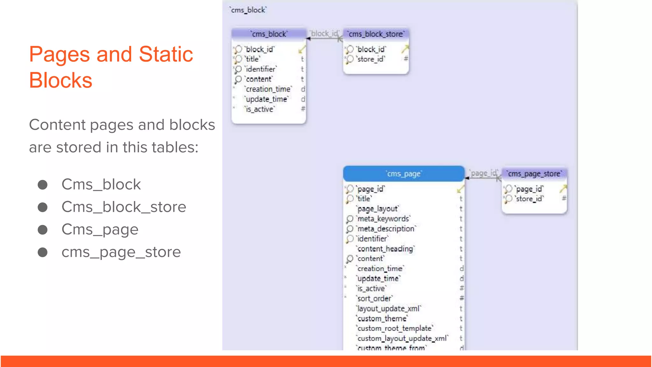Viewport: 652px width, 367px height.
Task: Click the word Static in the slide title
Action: [x=166, y=54]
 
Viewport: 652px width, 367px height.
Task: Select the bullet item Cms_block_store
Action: [x=124, y=207]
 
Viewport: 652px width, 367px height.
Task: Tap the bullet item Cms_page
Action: [x=100, y=230]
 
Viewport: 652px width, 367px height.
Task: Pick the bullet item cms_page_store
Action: [x=121, y=252]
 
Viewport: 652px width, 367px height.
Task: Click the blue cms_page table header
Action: [x=404, y=174]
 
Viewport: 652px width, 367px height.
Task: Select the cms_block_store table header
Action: [x=376, y=34]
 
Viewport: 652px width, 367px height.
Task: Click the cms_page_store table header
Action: [x=534, y=174]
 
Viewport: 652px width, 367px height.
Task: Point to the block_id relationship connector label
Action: [x=324, y=33]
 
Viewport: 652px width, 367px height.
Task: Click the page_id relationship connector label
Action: [x=483, y=173]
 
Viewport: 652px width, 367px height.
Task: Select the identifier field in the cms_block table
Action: [x=260, y=69]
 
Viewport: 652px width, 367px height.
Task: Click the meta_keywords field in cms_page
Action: [x=383, y=219]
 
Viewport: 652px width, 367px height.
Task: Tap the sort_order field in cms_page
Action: [x=374, y=299]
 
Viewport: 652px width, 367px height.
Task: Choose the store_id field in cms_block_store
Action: [x=371, y=59]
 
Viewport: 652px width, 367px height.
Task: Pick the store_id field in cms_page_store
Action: [x=529, y=199]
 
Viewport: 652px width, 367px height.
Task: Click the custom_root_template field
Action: [x=394, y=328]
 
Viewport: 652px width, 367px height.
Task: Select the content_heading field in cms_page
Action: [x=385, y=249]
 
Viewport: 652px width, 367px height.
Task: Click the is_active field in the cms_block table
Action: [x=259, y=109]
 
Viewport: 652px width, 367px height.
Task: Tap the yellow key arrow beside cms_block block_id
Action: [x=302, y=50]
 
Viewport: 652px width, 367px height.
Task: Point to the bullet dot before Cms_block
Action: [x=43, y=185]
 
